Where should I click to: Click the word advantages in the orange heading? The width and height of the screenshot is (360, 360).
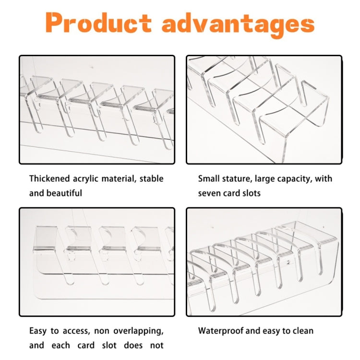point(238,24)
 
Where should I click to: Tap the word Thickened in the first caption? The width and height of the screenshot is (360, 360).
point(49,179)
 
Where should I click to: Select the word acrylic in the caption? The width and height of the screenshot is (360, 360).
point(85,179)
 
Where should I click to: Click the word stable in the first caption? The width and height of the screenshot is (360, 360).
point(152,179)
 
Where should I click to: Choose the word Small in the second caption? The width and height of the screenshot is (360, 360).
point(207,179)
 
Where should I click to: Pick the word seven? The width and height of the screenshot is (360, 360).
point(209,193)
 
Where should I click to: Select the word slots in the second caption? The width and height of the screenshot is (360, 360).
point(251,193)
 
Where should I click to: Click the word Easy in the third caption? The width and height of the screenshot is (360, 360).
point(38,331)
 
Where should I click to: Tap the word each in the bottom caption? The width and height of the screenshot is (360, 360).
point(60,345)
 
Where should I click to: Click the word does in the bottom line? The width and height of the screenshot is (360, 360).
point(133,345)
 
